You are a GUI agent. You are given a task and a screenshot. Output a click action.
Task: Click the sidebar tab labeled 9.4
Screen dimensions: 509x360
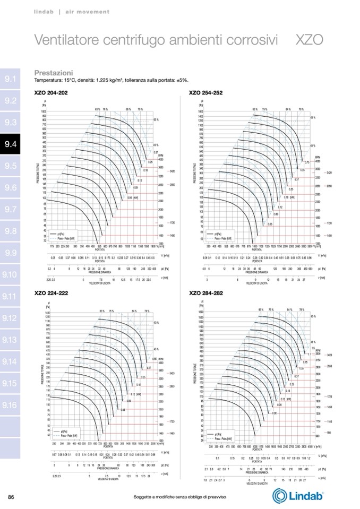click(11, 144)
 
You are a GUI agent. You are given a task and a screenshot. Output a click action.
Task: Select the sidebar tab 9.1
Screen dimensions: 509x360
click(11, 79)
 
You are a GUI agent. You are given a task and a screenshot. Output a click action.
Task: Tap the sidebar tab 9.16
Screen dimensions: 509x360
click(11, 405)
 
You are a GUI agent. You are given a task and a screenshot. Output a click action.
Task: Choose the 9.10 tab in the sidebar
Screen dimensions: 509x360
click(11, 274)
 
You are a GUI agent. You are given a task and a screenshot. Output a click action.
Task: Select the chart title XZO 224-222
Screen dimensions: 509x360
click(51, 293)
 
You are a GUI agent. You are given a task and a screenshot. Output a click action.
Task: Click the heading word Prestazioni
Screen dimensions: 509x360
click(54, 72)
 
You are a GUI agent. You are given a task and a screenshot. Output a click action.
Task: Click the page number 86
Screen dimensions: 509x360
click(11, 496)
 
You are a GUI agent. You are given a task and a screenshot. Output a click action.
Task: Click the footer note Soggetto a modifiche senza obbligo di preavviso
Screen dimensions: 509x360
click(180, 497)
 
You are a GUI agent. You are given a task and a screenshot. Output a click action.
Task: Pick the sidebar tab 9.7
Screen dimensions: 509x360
click(11, 209)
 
